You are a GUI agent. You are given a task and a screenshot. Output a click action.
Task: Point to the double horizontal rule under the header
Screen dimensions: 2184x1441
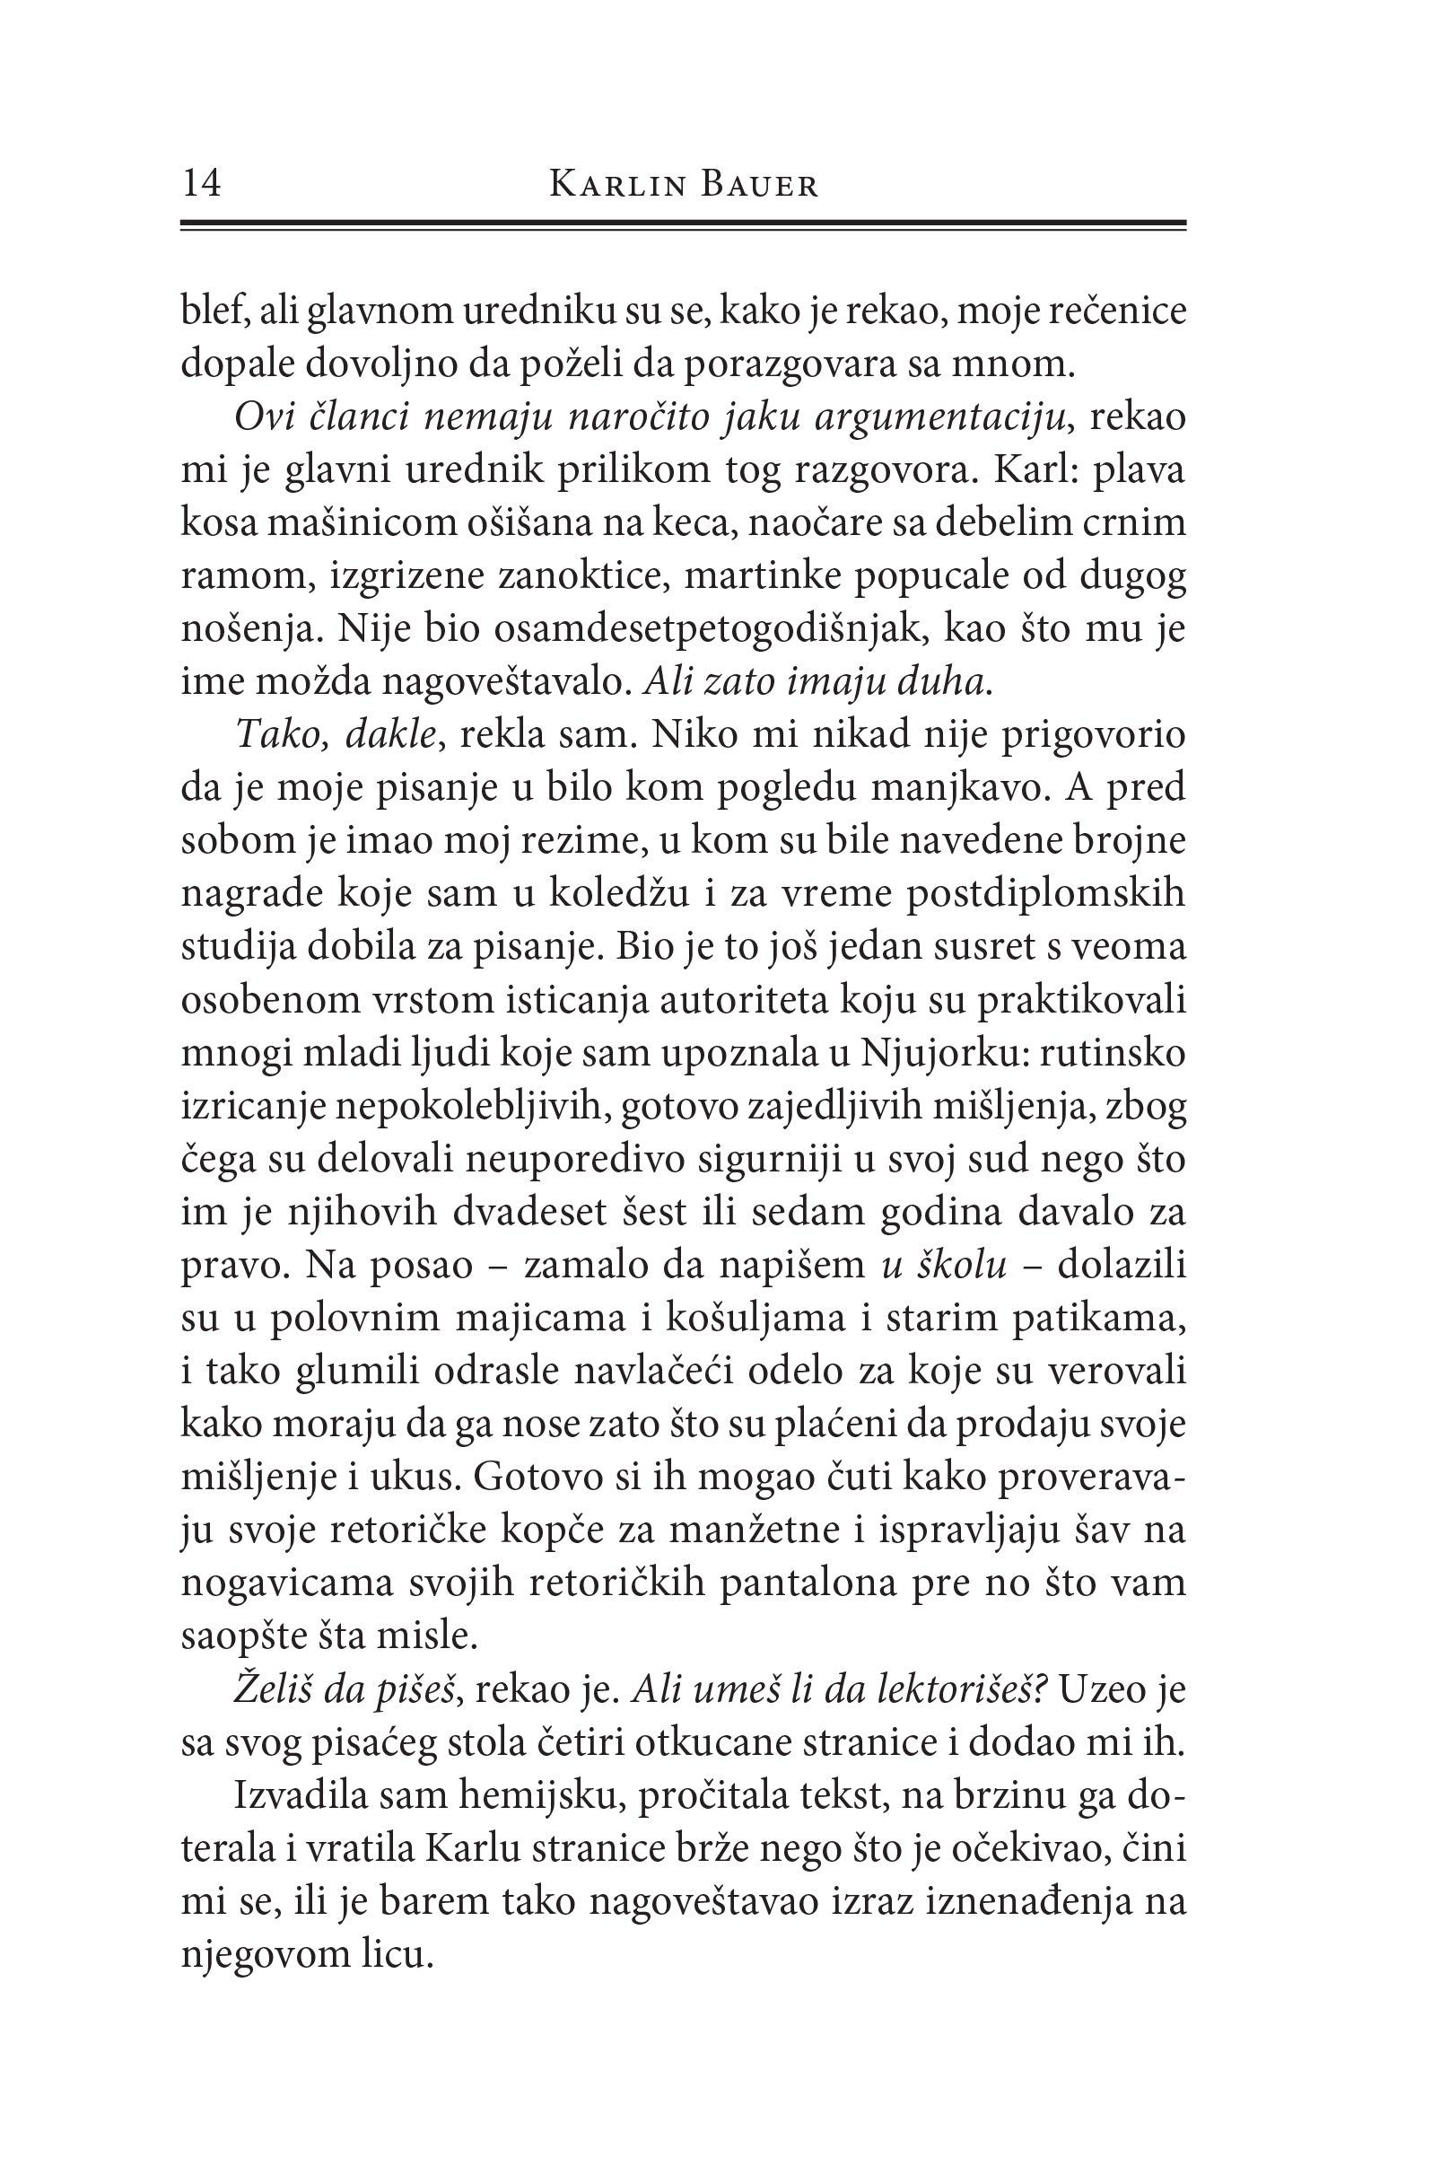[x=683, y=224]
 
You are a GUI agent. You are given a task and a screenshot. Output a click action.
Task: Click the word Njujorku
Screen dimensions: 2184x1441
[x=933, y=1053]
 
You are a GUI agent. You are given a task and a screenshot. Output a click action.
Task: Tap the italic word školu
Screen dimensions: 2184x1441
[x=956, y=1266]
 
